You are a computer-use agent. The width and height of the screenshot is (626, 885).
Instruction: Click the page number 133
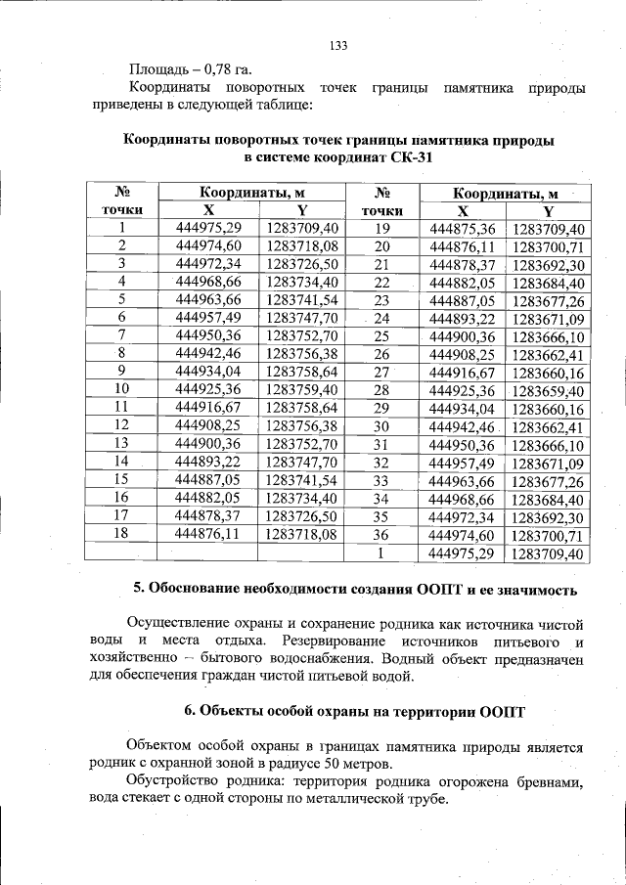339,45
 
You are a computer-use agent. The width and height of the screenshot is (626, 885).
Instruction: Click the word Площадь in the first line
160,69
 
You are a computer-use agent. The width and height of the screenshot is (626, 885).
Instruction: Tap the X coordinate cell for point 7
207,335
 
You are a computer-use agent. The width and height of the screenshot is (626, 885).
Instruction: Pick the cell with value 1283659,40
548,389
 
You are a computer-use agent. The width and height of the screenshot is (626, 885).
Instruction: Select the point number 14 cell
122,461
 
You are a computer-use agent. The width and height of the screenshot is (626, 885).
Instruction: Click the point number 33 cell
381,481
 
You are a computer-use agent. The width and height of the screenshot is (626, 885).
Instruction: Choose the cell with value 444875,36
464,228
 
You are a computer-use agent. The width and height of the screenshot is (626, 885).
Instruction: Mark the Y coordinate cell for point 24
548,319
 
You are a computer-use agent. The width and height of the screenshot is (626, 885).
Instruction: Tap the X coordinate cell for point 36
464,536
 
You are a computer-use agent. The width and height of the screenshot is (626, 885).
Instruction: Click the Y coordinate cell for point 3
301,264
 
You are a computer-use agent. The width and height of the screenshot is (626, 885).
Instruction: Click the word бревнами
551,781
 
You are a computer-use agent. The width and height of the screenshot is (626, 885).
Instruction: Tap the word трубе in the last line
427,799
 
